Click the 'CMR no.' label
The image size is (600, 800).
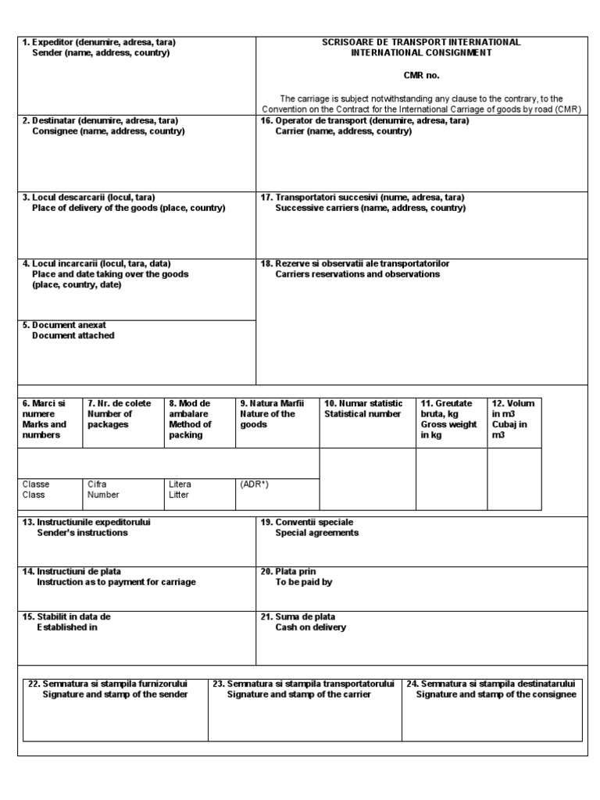tap(421, 76)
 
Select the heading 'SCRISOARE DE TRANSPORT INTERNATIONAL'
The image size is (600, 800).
tap(421, 42)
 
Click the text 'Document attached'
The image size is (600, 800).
tap(73, 335)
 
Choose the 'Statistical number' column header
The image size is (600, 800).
tap(362, 414)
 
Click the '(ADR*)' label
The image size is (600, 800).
tap(255, 484)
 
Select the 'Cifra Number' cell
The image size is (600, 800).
tap(103, 489)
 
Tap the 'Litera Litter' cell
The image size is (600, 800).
tap(180, 489)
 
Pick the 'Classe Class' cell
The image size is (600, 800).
tap(35, 489)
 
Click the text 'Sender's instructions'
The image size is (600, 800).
tap(82, 533)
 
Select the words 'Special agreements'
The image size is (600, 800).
tap(316, 533)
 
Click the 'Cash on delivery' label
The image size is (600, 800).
tap(310, 627)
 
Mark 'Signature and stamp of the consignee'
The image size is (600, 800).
tap(495, 695)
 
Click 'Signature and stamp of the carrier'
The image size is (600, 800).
tap(298, 695)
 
